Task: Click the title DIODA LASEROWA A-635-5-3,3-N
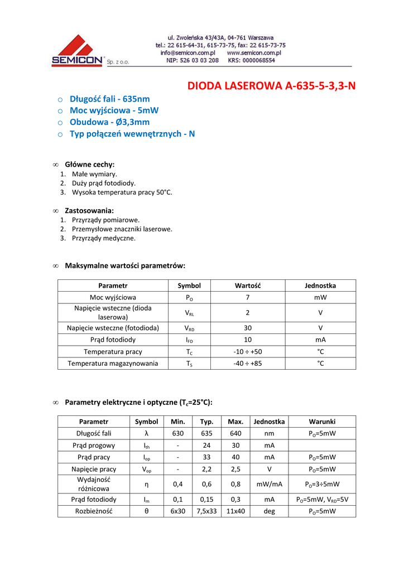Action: [x=271, y=86]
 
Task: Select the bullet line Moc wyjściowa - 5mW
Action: [x=114, y=110]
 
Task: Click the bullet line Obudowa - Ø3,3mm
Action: [x=109, y=122]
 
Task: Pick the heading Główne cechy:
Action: [x=90, y=164]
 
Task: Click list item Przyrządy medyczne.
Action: [x=104, y=238]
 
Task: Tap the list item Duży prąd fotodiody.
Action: [x=104, y=183]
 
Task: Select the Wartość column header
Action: [x=248, y=285]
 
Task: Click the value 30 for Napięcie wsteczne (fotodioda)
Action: [x=248, y=328]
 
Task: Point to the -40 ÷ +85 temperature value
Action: [x=248, y=364]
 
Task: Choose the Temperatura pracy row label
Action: [x=113, y=352]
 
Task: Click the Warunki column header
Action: [x=322, y=422]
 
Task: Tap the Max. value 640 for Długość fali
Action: [x=235, y=433]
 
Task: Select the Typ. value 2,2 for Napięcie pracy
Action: [x=206, y=469]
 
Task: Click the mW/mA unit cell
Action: [x=269, y=484]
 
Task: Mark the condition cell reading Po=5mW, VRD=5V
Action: [x=322, y=500]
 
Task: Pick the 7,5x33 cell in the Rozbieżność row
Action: [x=206, y=511]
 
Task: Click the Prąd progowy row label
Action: [x=94, y=446]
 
